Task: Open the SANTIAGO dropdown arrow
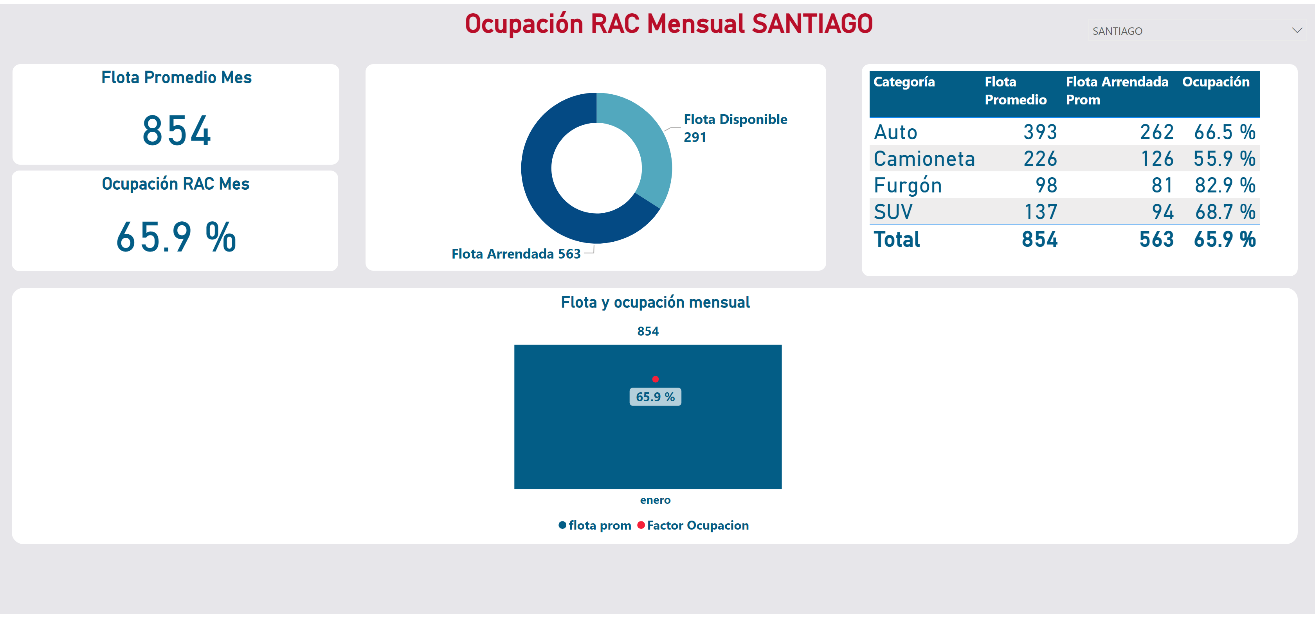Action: point(1297,31)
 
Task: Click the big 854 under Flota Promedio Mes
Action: point(177,131)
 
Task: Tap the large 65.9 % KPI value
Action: point(176,237)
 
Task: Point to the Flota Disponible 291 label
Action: point(735,128)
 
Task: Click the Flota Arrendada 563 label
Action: point(516,253)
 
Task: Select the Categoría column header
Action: point(904,82)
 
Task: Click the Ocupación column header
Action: point(1216,82)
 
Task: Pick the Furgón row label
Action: point(908,185)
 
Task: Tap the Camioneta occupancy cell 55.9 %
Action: point(1224,159)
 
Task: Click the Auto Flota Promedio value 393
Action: point(1040,132)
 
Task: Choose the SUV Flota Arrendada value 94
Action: point(1162,212)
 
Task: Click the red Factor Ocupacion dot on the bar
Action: point(656,379)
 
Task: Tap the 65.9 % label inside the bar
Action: point(656,397)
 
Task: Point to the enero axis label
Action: point(656,500)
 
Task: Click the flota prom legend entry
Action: point(595,525)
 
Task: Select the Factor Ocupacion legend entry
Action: point(693,525)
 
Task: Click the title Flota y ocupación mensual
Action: point(656,302)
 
